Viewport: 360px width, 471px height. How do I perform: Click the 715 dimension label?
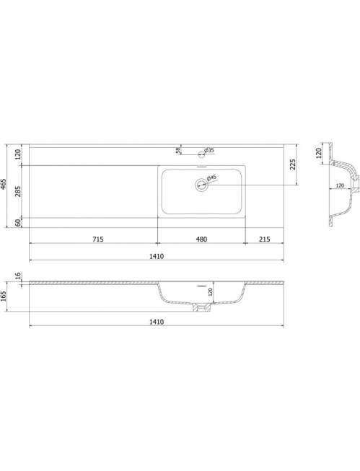pos(98,239)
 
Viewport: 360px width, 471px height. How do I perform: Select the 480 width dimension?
pos(201,239)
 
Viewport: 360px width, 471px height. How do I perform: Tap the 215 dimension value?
pos(265,239)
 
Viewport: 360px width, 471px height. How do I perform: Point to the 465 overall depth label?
pos(4,184)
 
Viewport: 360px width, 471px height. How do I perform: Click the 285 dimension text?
pos(18,192)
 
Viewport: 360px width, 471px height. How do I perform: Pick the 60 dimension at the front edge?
pos(18,223)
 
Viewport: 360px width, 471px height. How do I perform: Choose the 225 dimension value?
pos(293,164)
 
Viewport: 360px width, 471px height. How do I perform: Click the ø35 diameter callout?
pos(208,150)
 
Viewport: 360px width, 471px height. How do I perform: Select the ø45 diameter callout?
pos(212,178)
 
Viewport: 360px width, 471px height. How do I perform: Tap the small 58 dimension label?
pos(178,149)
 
